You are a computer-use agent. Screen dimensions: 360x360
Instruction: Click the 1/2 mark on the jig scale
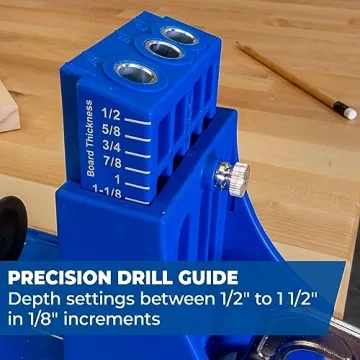point(111,114)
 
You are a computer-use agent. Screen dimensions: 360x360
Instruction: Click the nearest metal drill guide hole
point(132,73)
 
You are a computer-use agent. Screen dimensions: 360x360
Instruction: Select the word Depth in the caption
point(33,298)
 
